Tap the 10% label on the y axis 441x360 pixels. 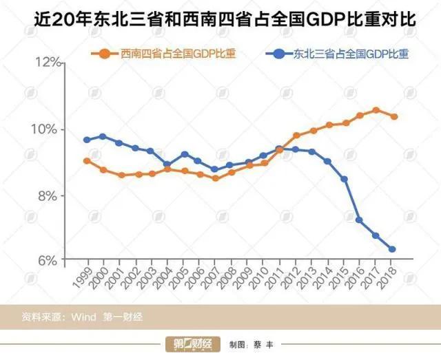coord(48,130)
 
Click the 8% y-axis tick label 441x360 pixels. coord(50,196)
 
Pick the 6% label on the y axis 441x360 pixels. coord(50,261)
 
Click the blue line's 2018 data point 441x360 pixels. coord(392,249)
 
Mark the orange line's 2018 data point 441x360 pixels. coord(393,116)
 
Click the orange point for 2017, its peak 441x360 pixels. coord(376,110)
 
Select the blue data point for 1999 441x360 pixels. coord(87,140)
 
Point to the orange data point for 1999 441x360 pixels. coord(87,161)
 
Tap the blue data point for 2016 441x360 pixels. coord(360,220)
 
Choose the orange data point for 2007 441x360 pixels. coord(215,178)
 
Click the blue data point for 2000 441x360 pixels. coord(103,136)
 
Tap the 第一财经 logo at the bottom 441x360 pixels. coord(183,343)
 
